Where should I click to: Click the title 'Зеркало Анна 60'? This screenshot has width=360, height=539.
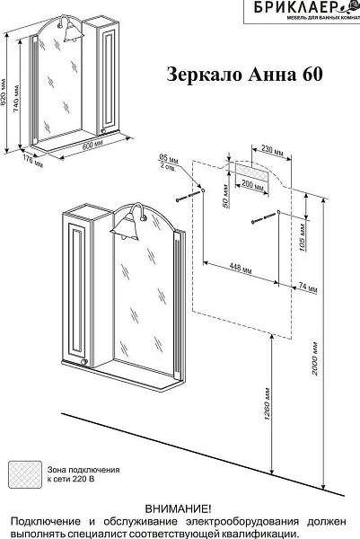point(244,74)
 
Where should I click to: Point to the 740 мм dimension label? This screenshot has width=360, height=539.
point(16,98)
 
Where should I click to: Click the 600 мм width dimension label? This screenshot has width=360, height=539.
point(92,146)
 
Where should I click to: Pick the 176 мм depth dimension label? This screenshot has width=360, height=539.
point(33,160)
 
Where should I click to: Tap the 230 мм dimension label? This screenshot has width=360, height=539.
point(272,151)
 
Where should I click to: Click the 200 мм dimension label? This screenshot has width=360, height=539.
point(252,186)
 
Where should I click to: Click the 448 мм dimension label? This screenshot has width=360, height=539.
point(240,269)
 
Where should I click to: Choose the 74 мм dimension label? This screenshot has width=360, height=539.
point(308,287)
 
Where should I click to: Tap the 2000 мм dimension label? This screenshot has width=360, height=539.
point(314,358)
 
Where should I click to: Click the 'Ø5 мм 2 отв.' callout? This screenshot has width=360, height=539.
point(169,163)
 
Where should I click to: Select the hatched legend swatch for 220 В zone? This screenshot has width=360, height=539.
point(25,474)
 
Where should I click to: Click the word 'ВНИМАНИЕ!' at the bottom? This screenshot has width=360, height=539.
point(179,508)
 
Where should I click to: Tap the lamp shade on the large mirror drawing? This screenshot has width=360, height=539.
point(125,228)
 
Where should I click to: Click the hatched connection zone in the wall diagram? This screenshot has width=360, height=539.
point(251,172)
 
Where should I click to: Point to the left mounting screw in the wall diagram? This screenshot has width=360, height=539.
point(189,197)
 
